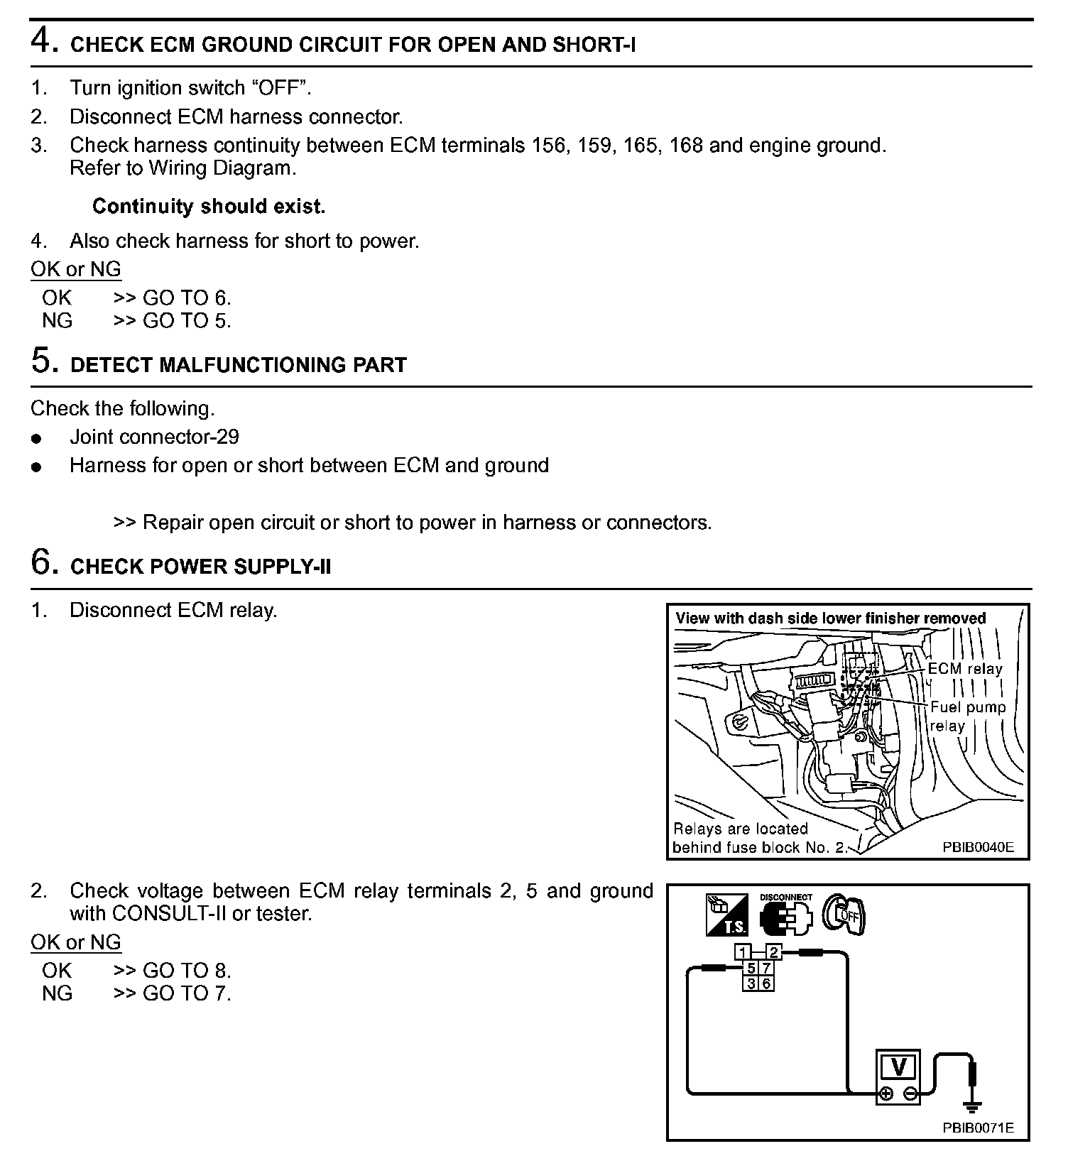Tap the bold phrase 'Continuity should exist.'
pyautogui.click(x=209, y=207)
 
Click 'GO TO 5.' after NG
pyautogui.click(x=187, y=321)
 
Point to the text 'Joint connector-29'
pyautogui.click(x=154, y=437)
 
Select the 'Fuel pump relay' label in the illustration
pyautogui.click(x=968, y=716)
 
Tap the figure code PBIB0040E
pyautogui.click(x=978, y=847)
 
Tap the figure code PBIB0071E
pyautogui.click(x=978, y=1128)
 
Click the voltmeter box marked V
pyautogui.click(x=899, y=1067)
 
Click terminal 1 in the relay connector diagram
pyautogui.click(x=743, y=953)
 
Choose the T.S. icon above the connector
pyautogui.click(x=726, y=915)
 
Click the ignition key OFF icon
pyautogui.click(x=844, y=915)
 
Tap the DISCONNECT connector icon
pyautogui.click(x=785, y=915)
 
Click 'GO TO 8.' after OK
pyautogui.click(x=187, y=971)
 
